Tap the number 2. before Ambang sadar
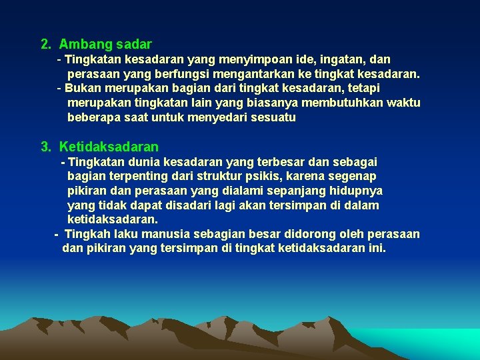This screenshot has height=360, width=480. pyautogui.click(x=46, y=45)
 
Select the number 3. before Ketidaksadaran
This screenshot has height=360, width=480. pyautogui.click(x=46, y=147)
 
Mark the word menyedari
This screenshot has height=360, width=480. pyautogui.click(x=220, y=118)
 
